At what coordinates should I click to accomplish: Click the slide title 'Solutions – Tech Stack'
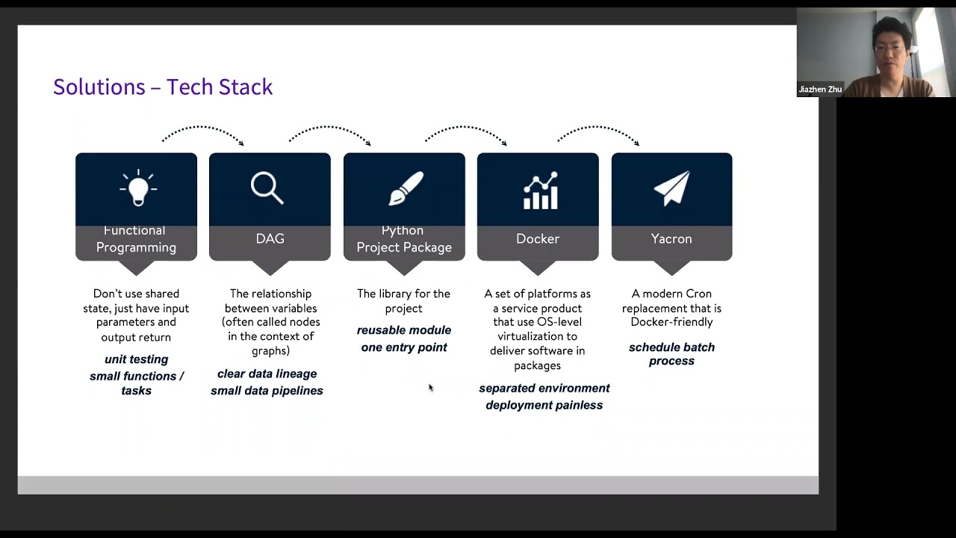tap(163, 87)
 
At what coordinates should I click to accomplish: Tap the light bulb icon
tap(137, 188)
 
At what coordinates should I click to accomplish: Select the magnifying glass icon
tap(267, 188)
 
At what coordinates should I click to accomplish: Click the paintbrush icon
tap(406, 189)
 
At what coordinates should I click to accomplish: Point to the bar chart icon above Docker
tap(540, 191)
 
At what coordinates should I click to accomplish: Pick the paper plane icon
tap(671, 188)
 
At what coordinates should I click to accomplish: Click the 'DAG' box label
tap(270, 239)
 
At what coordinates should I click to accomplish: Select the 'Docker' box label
tap(538, 239)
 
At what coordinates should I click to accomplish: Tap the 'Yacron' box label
tap(671, 239)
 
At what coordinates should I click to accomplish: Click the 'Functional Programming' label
tap(136, 239)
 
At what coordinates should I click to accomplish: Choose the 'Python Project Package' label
tap(404, 239)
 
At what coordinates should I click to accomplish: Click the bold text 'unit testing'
tap(136, 359)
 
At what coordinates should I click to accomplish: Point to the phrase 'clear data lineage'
tap(267, 374)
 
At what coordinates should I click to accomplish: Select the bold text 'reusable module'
tap(404, 330)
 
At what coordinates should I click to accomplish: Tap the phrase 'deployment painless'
tap(544, 405)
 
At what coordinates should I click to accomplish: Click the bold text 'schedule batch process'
tap(671, 354)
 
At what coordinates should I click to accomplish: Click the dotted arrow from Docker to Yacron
tap(597, 131)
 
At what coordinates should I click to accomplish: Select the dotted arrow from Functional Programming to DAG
tap(202, 131)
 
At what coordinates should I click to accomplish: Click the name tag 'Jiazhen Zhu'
tap(820, 90)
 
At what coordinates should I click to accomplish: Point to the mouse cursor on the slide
tap(431, 388)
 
